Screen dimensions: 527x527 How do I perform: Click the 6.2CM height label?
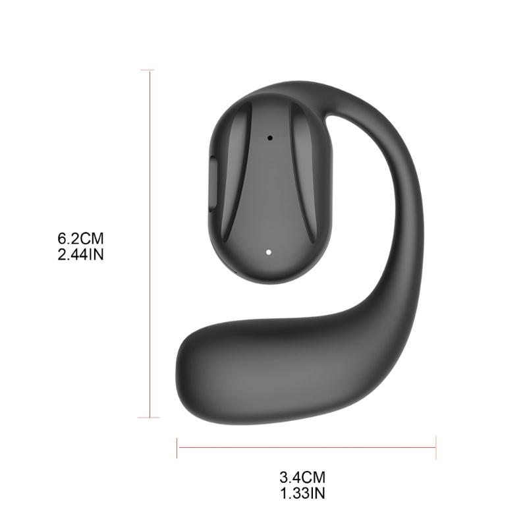[80, 238]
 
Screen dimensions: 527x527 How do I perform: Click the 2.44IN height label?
[80, 255]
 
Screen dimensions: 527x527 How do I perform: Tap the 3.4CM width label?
[302, 477]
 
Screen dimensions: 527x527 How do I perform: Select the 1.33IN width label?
[302, 493]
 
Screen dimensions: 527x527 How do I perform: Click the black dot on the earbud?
[270, 138]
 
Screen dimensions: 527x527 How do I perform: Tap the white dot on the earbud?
[268, 252]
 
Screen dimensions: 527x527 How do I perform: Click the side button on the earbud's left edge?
[213, 183]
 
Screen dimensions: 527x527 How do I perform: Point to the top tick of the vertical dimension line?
[147, 70]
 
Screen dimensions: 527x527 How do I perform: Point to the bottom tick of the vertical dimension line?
[149, 418]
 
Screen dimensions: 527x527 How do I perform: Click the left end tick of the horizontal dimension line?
[177, 448]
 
